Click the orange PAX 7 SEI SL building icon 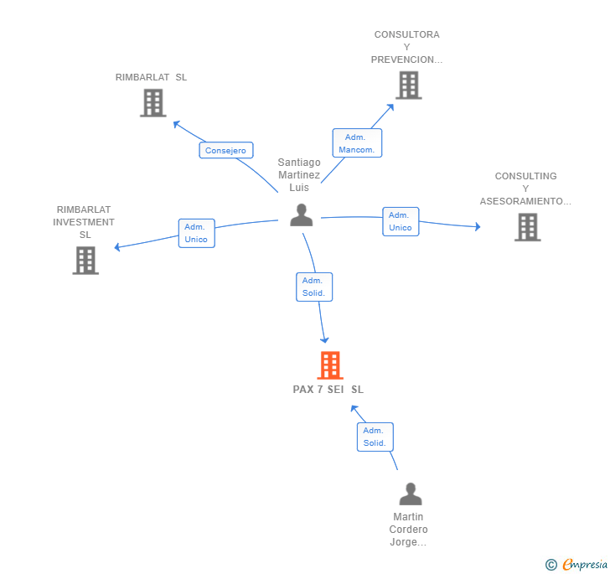click(x=330, y=365)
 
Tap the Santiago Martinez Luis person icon click(x=301, y=215)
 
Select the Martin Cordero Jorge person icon click(x=410, y=494)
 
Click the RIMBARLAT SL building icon click(x=152, y=102)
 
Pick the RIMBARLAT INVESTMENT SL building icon click(x=85, y=260)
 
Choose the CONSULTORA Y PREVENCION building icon click(x=408, y=85)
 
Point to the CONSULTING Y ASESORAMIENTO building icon click(x=527, y=226)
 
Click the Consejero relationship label click(x=225, y=151)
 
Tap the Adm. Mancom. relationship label click(x=357, y=143)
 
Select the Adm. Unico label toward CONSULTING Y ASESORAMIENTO click(x=401, y=221)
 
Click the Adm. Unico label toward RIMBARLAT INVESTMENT click(x=196, y=233)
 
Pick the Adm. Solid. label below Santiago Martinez click(x=314, y=287)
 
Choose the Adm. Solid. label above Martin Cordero click(x=375, y=437)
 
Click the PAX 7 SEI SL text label click(x=328, y=390)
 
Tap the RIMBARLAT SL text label click(x=152, y=77)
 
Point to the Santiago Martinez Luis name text click(x=299, y=175)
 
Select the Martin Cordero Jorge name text click(x=409, y=530)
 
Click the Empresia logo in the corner click(x=577, y=565)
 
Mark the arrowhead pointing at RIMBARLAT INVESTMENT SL click(x=117, y=247)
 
